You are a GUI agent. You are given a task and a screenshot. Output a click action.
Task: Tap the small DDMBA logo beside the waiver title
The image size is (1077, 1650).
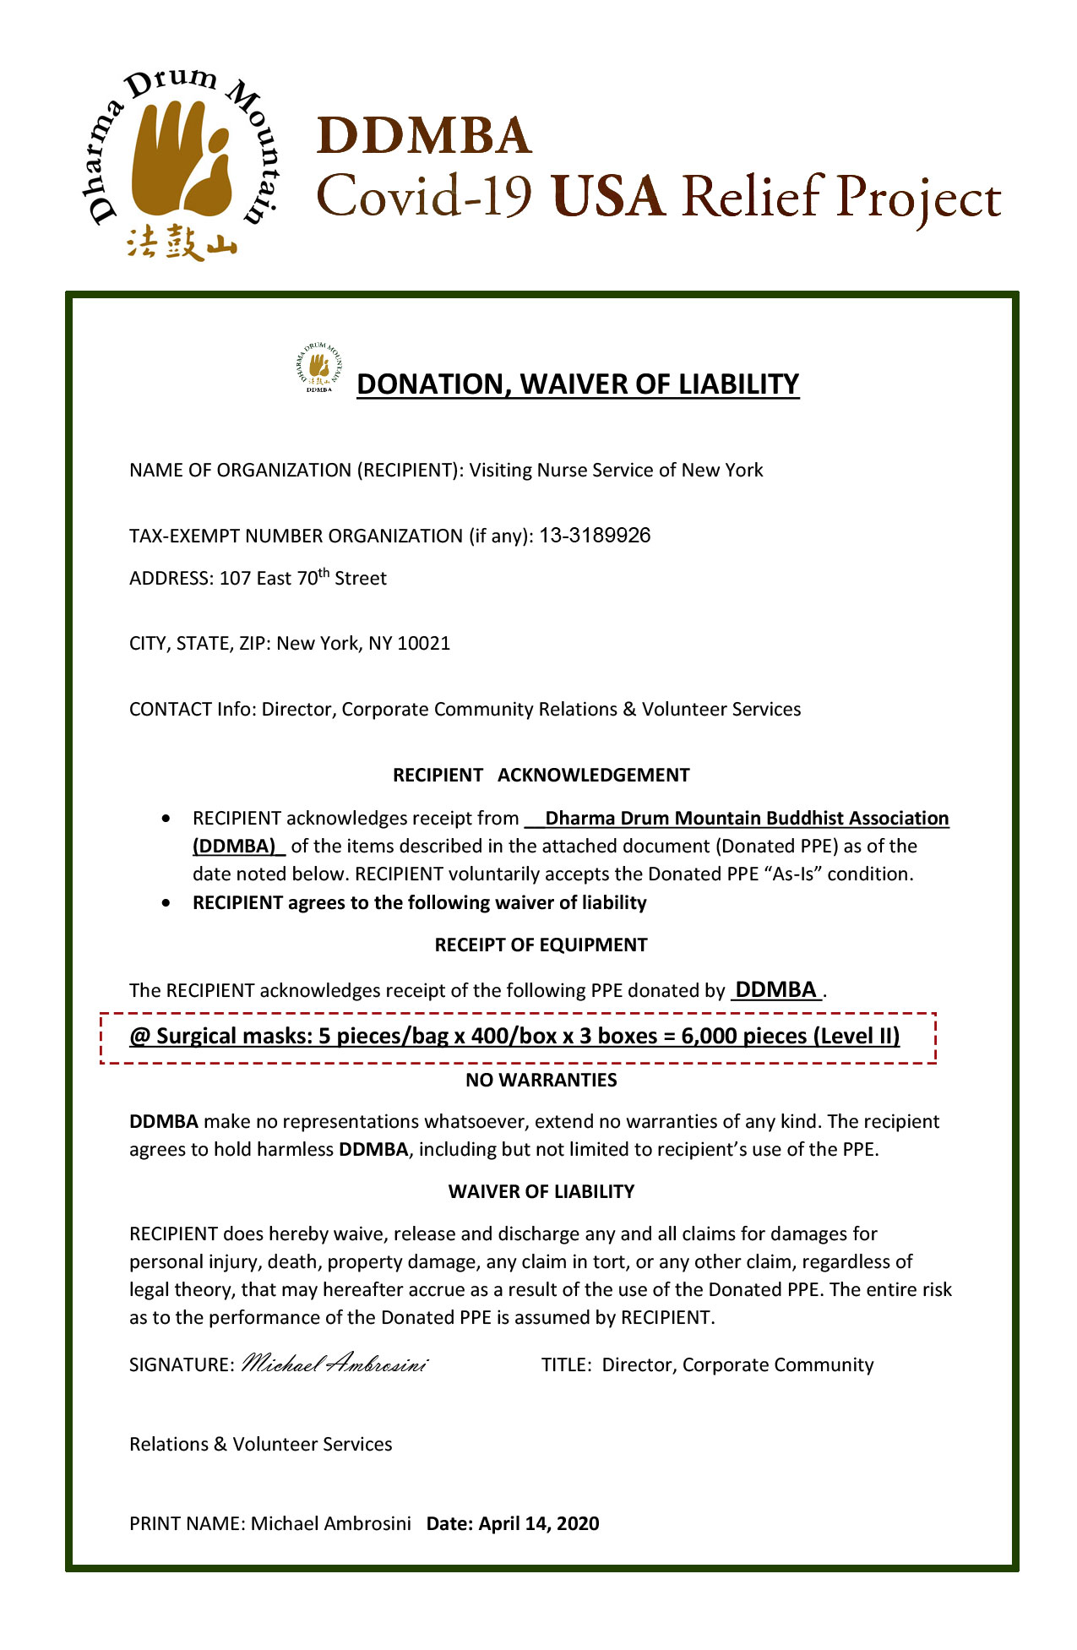tap(318, 368)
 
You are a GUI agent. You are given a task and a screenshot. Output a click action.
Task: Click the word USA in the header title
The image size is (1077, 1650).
tap(607, 197)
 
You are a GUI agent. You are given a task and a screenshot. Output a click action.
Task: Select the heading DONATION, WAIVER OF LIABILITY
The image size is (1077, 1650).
tap(578, 384)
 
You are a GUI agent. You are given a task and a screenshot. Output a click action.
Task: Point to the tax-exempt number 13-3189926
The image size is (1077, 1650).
tap(595, 536)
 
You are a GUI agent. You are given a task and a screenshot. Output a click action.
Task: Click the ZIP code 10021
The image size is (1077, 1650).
tap(423, 644)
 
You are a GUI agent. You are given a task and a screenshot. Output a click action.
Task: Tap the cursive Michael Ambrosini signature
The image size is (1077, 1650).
tap(335, 1364)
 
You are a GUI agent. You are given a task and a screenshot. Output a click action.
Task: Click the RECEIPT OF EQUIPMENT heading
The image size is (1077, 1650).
tap(541, 945)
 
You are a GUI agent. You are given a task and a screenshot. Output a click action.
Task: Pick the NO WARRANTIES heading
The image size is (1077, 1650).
tap(541, 1081)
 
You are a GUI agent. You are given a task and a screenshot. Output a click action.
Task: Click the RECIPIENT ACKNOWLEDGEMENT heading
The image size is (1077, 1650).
tap(541, 776)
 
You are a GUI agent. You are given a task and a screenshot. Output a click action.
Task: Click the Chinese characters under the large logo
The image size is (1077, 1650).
tap(181, 243)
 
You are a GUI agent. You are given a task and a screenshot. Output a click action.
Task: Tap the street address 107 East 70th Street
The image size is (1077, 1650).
tap(302, 579)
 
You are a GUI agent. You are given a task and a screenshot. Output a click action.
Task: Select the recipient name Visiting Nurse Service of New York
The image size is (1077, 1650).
tap(616, 471)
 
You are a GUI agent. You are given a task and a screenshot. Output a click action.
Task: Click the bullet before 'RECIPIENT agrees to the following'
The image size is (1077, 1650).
tap(169, 904)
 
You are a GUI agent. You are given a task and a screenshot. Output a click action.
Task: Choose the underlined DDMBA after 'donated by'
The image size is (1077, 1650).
tap(776, 990)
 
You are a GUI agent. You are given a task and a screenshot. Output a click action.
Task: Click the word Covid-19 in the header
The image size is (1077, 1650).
tap(424, 197)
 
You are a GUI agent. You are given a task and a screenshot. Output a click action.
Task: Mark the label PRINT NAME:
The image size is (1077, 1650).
tap(187, 1524)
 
